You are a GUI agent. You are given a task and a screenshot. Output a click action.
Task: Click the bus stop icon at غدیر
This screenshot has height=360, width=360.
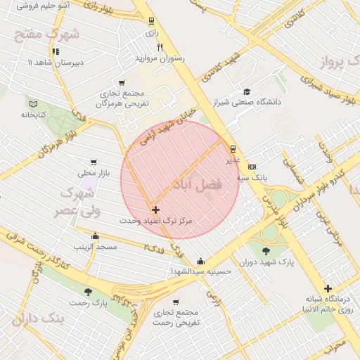233,148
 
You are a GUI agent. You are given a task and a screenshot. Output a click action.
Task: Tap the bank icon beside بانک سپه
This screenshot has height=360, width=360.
252,166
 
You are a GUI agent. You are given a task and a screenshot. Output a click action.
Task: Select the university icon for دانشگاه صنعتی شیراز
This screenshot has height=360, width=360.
246,91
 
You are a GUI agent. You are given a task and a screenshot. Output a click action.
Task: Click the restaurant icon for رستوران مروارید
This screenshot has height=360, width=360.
160,47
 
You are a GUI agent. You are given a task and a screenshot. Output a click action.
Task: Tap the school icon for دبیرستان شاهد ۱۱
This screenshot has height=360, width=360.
55,51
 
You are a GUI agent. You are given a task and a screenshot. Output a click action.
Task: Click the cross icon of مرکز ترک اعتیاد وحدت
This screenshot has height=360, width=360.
155,210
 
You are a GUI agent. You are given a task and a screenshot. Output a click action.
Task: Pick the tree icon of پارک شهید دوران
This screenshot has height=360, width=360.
264,251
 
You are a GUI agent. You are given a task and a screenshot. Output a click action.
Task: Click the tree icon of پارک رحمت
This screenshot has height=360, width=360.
87,292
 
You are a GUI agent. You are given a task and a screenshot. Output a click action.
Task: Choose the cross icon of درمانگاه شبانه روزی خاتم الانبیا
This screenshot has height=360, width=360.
328,288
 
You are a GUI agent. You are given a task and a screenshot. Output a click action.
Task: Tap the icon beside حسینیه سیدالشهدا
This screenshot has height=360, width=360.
201,260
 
